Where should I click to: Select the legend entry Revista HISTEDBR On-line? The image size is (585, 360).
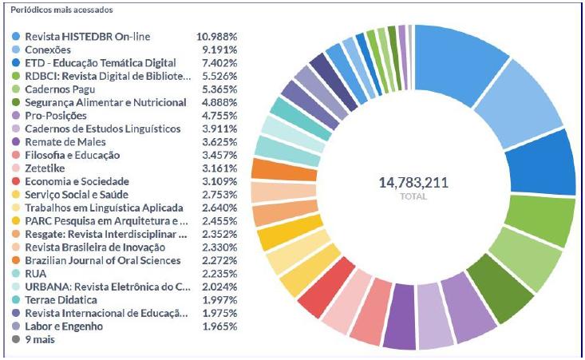tap(98, 37)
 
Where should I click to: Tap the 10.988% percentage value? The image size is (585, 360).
tap(216, 37)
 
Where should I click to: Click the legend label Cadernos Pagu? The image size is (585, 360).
tap(60, 89)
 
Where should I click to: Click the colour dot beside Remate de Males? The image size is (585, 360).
tap(16, 141)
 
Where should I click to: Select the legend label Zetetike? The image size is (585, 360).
tap(47, 168)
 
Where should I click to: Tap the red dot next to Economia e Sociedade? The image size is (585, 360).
tap(16, 180)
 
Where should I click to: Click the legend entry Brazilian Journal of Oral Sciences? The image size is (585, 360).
tap(103, 260)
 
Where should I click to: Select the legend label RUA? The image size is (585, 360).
tap(36, 273)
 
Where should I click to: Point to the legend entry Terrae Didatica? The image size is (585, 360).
tap(61, 299)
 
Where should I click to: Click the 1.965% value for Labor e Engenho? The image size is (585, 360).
tap(216, 326)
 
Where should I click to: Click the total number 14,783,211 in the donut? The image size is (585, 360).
tap(413, 183)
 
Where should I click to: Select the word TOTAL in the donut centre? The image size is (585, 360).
tap(413, 196)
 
